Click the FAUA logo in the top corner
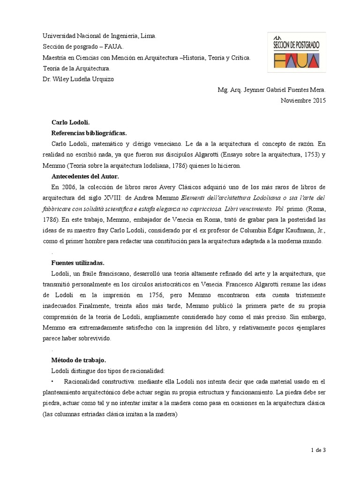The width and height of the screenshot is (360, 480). click(296, 52)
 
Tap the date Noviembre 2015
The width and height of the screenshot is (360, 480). click(303, 100)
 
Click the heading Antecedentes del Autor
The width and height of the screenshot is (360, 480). click(85, 176)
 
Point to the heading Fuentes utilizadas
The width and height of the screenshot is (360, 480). click(78, 262)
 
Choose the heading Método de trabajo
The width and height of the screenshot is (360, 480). click(79, 360)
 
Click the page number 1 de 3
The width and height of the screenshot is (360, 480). click(318, 450)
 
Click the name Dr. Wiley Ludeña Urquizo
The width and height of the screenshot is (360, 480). click(78, 79)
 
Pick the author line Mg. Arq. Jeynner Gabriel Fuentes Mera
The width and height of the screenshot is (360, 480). click(271, 90)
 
